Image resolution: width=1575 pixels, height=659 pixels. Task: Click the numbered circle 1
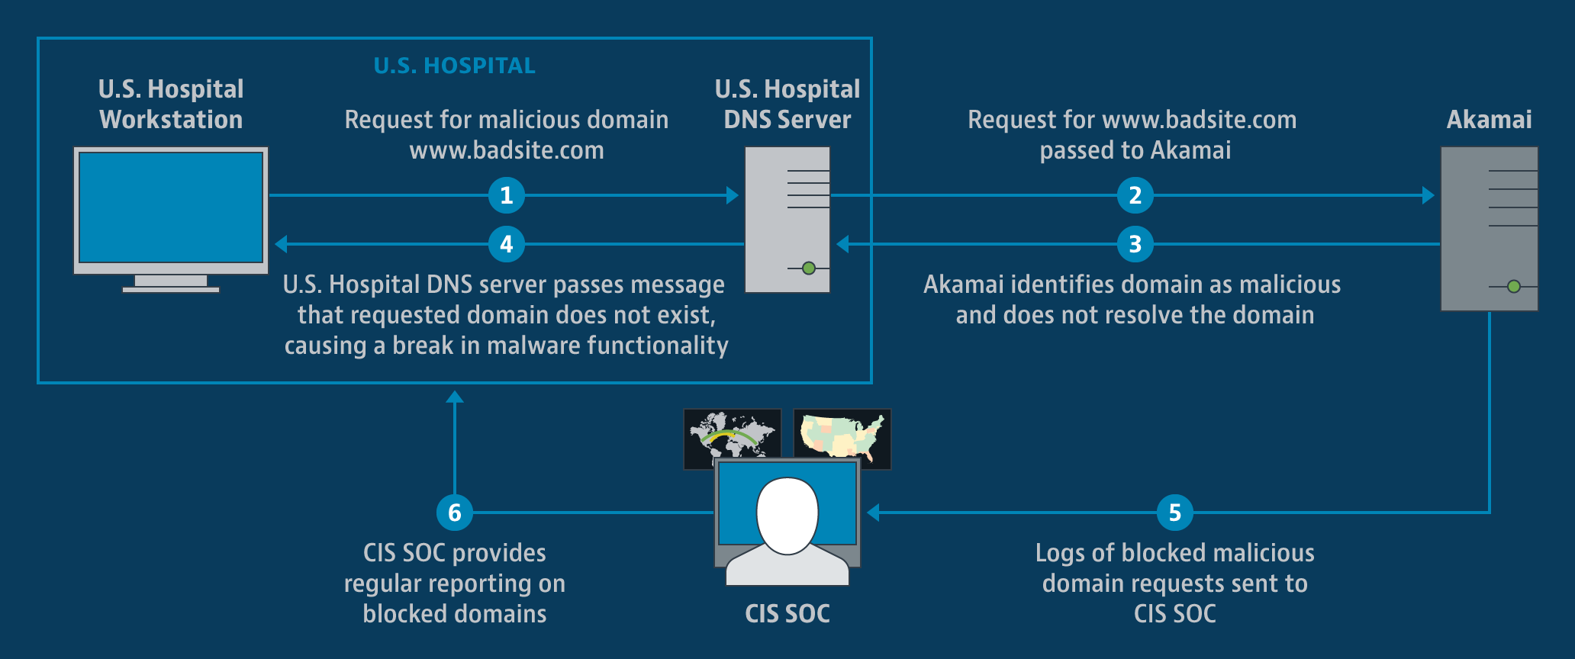pos(507,195)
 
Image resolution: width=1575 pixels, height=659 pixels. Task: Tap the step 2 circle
pos(1135,195)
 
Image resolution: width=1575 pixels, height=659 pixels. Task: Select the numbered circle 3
pos(1135,244)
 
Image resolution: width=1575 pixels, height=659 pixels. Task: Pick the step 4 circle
pos(507,244)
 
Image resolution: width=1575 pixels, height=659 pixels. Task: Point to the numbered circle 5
pos(1175,513)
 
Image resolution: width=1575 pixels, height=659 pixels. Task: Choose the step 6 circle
pos(455,513)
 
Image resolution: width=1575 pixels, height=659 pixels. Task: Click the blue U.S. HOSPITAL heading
pos(455,66)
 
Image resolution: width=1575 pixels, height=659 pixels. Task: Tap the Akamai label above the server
pos(1489,120)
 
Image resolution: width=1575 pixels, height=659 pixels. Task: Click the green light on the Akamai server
pos(1514,287)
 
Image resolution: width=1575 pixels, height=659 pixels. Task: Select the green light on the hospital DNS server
pos(809,268)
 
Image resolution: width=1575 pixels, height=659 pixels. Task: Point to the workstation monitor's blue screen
pos(171,207)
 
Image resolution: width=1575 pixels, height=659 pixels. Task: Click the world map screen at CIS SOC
pos(731,433)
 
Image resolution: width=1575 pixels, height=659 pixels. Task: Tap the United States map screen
pos(842,433)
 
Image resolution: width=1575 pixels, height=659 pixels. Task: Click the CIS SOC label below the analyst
pos(787,614)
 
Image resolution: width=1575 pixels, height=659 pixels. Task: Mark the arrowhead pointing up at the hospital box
pos(455,397)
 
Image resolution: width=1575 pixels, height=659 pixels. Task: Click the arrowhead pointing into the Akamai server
pos(1428,195)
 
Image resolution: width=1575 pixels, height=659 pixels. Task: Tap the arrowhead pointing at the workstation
pos(281,244)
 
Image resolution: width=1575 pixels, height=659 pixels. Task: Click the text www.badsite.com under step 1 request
pos(507,150)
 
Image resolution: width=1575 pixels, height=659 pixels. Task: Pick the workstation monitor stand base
pos(171,289)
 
